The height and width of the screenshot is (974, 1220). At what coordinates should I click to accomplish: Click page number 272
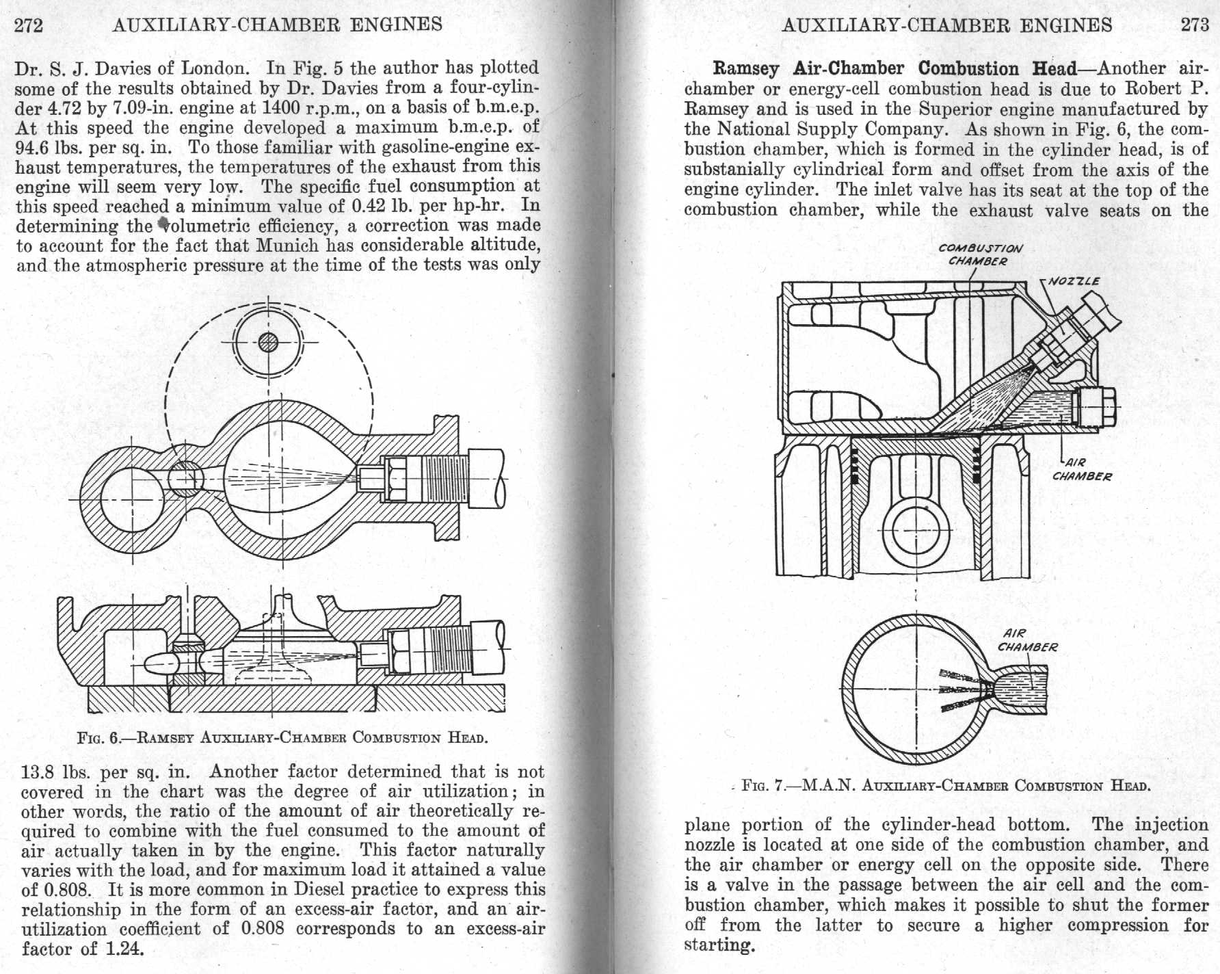tap(29, 25)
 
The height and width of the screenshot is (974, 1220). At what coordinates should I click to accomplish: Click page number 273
tap(1195, 25)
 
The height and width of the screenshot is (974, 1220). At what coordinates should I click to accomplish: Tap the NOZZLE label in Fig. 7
tap(1074, 281)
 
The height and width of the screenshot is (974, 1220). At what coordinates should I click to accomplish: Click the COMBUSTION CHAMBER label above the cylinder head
tap(980, 254)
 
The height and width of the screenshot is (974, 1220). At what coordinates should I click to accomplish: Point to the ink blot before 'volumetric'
tap(163, 223)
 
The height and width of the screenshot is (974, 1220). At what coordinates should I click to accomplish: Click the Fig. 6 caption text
tap(282, 738)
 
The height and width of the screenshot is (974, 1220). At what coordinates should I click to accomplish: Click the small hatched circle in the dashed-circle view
tap(267, 341)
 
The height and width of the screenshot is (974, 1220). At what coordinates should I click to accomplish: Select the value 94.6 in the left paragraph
tap(34, 147)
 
